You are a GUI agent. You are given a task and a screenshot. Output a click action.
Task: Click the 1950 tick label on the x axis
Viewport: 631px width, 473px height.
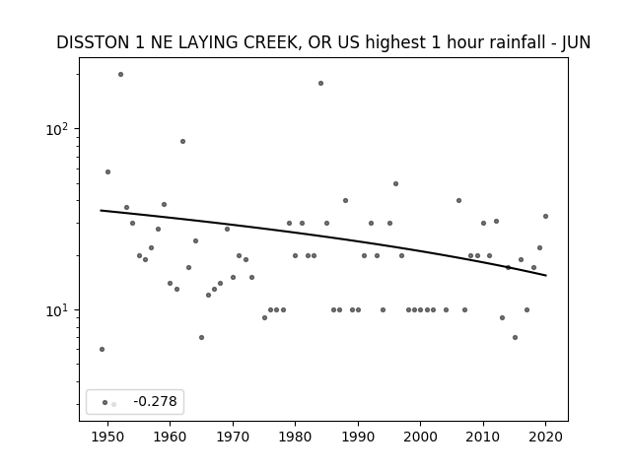click(107, 437)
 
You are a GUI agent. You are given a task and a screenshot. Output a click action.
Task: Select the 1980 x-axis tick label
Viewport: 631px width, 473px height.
click(295, 437)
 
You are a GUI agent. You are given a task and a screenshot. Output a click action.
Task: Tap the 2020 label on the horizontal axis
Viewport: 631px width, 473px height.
click(545, 437)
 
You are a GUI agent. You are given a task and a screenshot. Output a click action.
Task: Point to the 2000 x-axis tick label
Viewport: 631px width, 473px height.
click(421, 437)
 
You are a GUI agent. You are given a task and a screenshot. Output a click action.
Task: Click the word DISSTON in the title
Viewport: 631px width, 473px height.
click(94, 42)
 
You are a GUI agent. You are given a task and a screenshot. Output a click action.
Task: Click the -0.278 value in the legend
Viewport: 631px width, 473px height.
click(155, 401)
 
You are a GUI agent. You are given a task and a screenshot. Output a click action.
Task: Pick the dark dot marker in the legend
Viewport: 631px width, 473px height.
click(105, 402)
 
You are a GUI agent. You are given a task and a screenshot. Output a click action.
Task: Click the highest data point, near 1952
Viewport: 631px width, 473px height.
click(120, 75)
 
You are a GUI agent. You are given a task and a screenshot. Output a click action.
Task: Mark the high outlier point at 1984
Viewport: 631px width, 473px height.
click(320, 83)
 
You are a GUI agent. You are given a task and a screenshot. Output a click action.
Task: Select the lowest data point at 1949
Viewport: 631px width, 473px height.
click(102, 349)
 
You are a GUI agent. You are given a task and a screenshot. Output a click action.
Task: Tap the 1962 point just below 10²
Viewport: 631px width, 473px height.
click(182, 141)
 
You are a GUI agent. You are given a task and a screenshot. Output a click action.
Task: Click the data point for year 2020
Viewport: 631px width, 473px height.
click(545, 216)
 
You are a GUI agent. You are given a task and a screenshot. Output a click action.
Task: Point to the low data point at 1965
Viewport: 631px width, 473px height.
click(201, 337)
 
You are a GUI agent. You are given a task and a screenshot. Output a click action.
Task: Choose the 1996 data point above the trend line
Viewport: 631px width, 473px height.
click(395, 184)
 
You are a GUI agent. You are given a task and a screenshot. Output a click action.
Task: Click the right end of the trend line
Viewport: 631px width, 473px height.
click(546, 276)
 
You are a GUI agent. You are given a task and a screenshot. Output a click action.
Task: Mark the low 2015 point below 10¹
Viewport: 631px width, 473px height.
click(515, 337)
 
